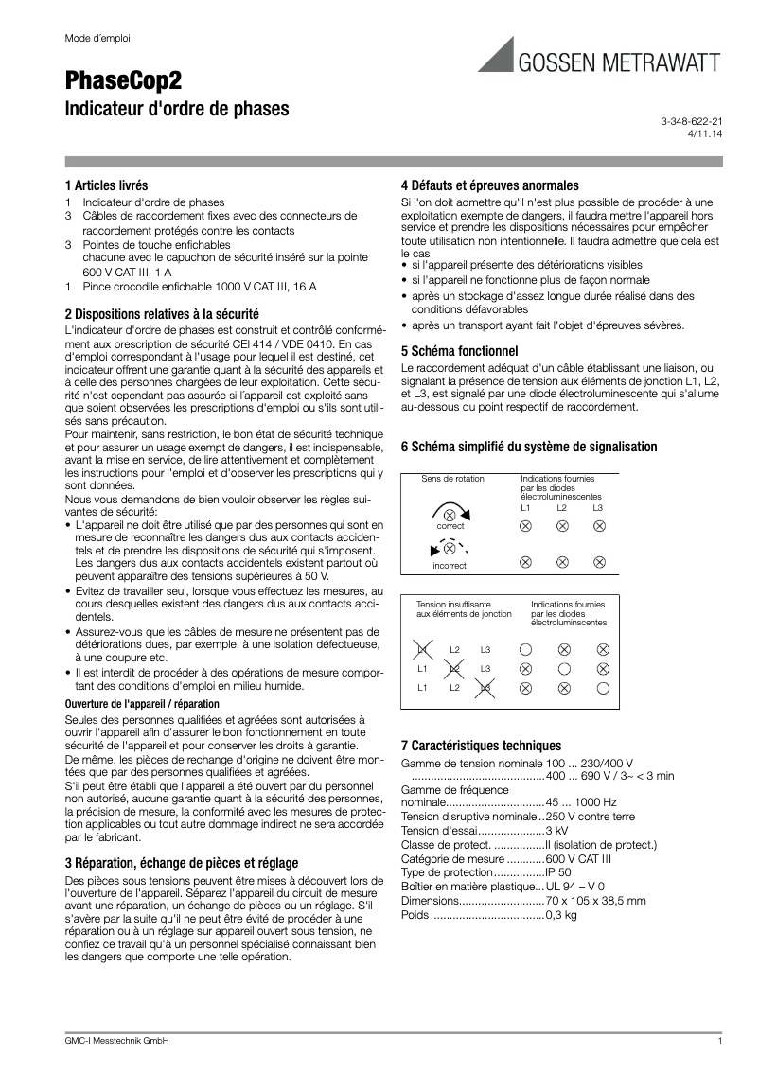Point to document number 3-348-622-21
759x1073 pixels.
click(691, 123)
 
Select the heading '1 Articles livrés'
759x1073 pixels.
click(106, 185)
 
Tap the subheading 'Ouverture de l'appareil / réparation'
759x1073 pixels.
click(142, 704)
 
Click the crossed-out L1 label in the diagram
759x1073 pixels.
click(423, 649)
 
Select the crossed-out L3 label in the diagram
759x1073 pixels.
click(485, 688)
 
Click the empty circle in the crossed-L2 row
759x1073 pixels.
click(563, 669)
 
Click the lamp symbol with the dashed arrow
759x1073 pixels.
click(450, 548)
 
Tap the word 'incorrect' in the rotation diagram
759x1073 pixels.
click(450, 566)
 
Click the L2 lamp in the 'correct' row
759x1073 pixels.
click(562, 526)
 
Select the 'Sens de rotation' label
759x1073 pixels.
click(452, 479)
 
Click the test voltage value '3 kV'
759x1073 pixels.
click(556, 830)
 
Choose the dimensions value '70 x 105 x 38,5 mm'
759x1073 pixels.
click(595, 901)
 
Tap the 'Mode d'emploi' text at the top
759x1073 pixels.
click(97, 39)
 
